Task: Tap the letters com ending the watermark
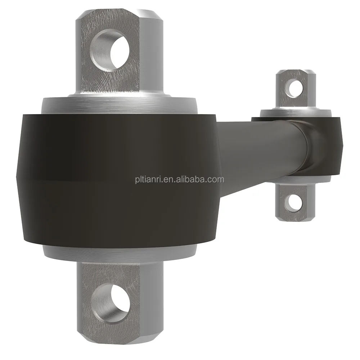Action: [x=217, y=179]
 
